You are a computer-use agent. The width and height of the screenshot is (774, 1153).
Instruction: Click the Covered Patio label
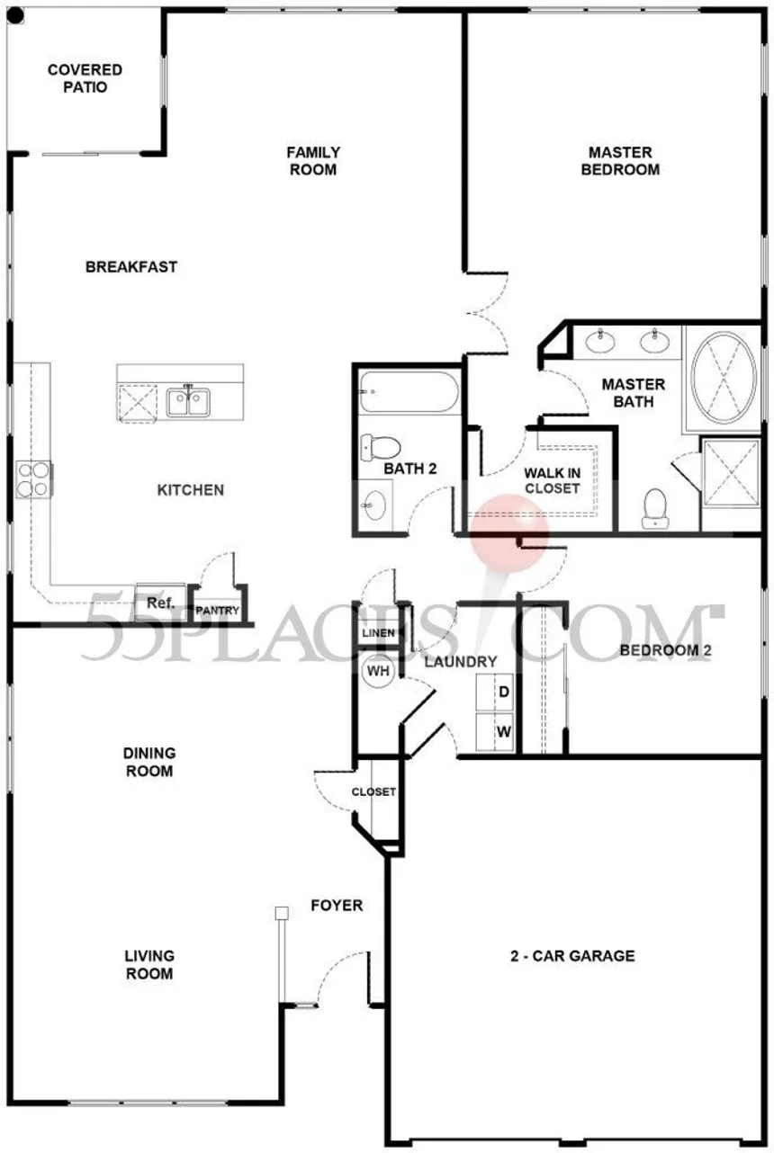(x=85, y=78)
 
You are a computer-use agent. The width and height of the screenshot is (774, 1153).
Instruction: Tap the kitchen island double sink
(x=188, y=402)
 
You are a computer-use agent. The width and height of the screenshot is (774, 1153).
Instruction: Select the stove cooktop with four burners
(x=34, y=479)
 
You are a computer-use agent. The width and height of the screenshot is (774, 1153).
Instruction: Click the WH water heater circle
(x=379, y=671)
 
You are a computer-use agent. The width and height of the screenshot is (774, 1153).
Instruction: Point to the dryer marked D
(x=494, y=693)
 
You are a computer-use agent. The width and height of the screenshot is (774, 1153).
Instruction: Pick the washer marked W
(x=494, y=731)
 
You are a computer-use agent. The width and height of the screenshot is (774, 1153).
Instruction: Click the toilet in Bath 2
(x=380, y=447)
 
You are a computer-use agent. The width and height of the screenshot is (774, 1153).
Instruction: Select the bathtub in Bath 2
(x=409, y=392)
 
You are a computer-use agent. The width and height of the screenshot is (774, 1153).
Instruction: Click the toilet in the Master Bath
(x=655, y=508)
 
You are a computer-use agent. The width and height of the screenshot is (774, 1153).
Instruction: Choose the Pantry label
(x=217, y=611)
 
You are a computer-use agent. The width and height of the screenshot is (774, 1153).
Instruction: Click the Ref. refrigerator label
(x=161, y=603)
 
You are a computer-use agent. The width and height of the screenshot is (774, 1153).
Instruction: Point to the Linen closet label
(x=379, y=632)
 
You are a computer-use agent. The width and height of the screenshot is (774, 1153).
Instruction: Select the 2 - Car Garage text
(x=572, y=956)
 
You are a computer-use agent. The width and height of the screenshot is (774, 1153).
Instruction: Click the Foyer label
(x=337, y=905)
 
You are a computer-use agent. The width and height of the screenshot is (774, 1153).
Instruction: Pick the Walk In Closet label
(x=552, y=480)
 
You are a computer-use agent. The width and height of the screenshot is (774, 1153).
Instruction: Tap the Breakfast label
(x=131, y=266)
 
